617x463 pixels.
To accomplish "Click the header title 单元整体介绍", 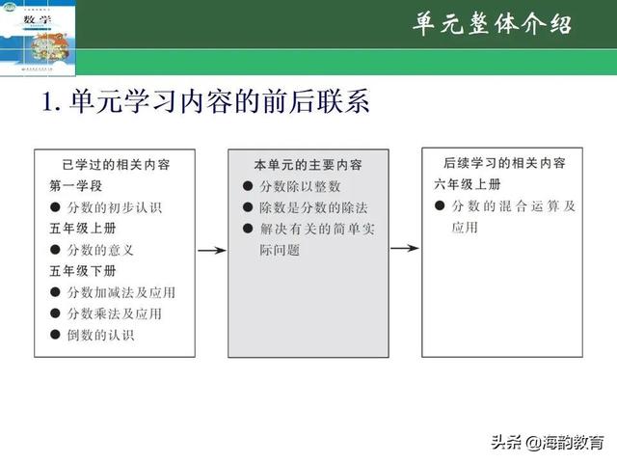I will click(492, 23).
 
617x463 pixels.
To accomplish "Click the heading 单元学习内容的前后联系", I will click(205, 103).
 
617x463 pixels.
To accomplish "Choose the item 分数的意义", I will click(100, 249).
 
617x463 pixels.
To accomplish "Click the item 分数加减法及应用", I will click(121, 291).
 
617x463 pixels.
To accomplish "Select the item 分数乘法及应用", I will click(115, 313).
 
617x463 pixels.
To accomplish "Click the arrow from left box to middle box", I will click(211, 249).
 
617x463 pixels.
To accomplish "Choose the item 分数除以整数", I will click(299, 185).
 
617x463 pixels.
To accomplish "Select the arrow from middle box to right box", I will click(405, 248).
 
